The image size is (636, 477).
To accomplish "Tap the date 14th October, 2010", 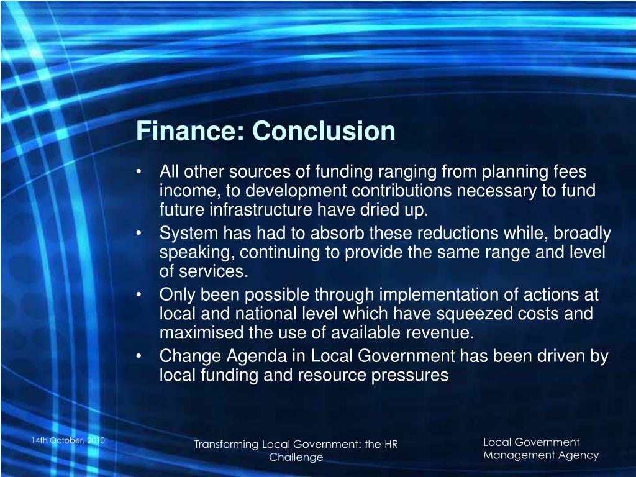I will tap(68, 440).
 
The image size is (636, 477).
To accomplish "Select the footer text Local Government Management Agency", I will tap(540, 448).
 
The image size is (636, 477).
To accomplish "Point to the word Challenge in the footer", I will tap(296, 457).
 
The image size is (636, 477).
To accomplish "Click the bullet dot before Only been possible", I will tap(143, 294).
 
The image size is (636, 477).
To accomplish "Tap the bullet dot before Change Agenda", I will tap(143, 357).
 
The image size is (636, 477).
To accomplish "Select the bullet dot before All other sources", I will tap(143, 171).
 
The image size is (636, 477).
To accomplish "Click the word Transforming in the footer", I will tap(226, 444).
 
